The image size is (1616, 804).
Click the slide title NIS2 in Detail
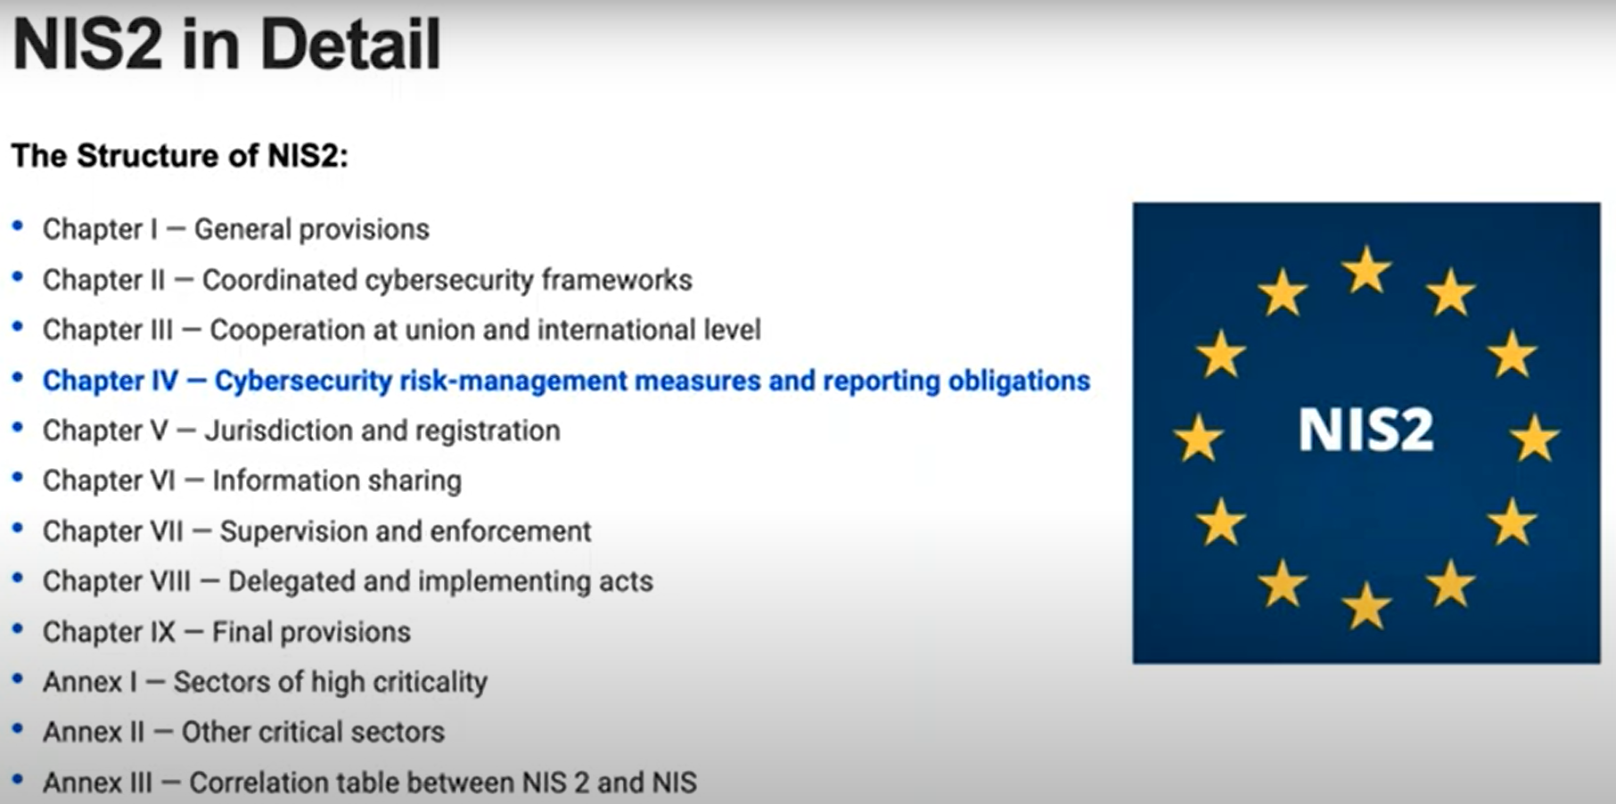click(226, 45)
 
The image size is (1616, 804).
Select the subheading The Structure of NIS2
click(179, 156)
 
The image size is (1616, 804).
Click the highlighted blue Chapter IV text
click(566, 381)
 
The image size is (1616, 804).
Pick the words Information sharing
click(337, 480)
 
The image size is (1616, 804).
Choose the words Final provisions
click(311, 632)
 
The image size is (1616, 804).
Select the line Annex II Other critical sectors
click(243, 732)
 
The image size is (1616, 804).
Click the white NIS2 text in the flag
click(1366, 430)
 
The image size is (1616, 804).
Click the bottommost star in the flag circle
click(1366, 606)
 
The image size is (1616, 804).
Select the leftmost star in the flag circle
click(1198, 439)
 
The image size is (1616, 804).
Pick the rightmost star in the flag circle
click(1534, 439)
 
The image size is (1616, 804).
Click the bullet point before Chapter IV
click(17, 378)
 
